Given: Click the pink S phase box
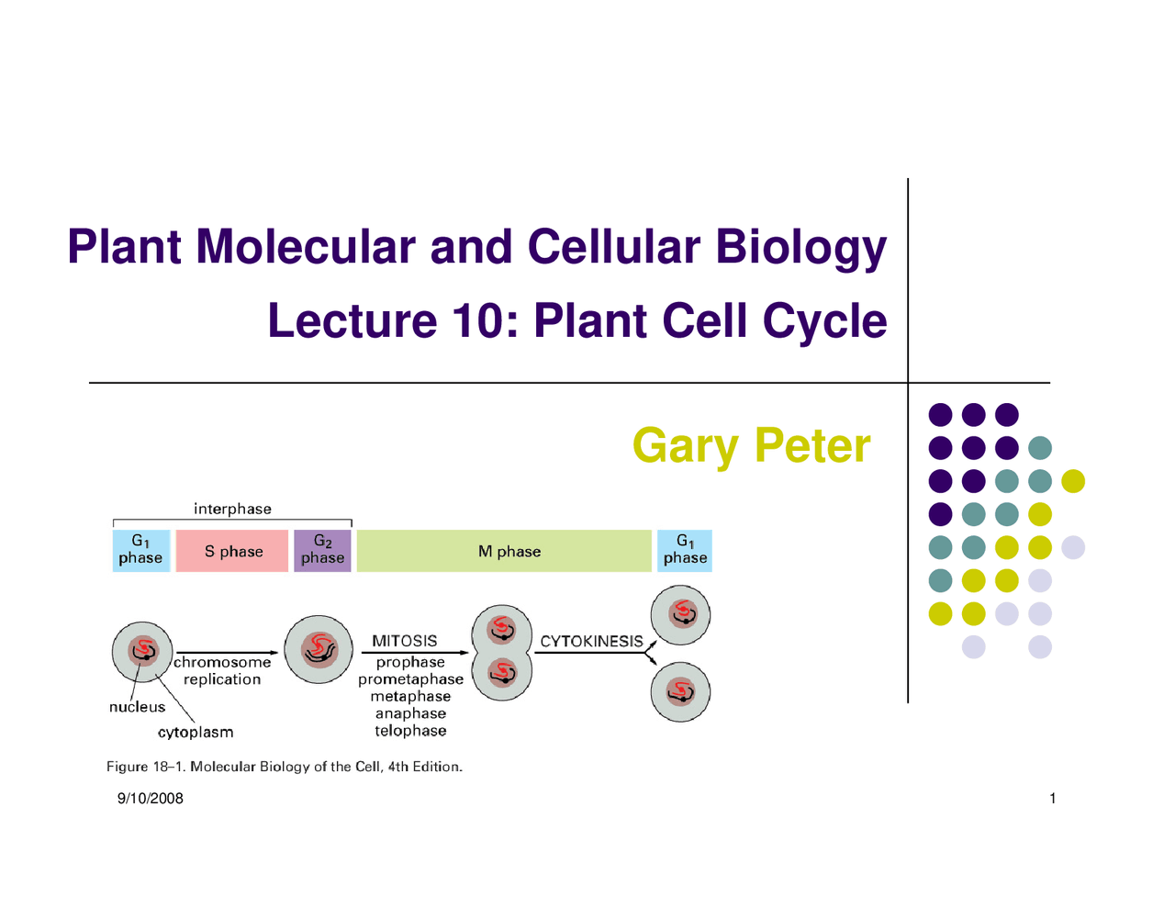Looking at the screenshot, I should (x=232, y=551).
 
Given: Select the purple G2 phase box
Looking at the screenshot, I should (x=322, y=551).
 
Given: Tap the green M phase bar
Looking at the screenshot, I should (x=504, y=551).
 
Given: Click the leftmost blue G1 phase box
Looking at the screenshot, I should (x=140, y=551).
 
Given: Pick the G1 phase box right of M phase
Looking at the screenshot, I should (x=685, y=551).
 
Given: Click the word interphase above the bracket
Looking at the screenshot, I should (x=232, y=509).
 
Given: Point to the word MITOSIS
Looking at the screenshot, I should (x=404, y=641).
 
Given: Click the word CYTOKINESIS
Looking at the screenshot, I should (x=591, y=641).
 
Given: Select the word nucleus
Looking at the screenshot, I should (x=137, y=707).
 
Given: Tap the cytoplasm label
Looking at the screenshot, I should (x=196, y=733).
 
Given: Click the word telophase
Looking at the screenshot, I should (x=410, y=731).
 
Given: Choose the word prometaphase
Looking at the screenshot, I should (x=410, y=679).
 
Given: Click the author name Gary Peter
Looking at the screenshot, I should (x=751, y=446).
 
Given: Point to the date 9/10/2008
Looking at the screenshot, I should (x=150, y=799).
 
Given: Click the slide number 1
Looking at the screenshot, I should (x=1052, y=799).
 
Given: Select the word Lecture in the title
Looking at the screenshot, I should (x=352, y=321).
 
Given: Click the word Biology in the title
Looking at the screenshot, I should (x=800, y=247).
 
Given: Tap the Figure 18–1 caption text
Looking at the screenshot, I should (x=285, y=767).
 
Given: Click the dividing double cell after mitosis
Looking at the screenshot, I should (x=501, y=653).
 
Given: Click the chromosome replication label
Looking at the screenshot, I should (x=222, y=671).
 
